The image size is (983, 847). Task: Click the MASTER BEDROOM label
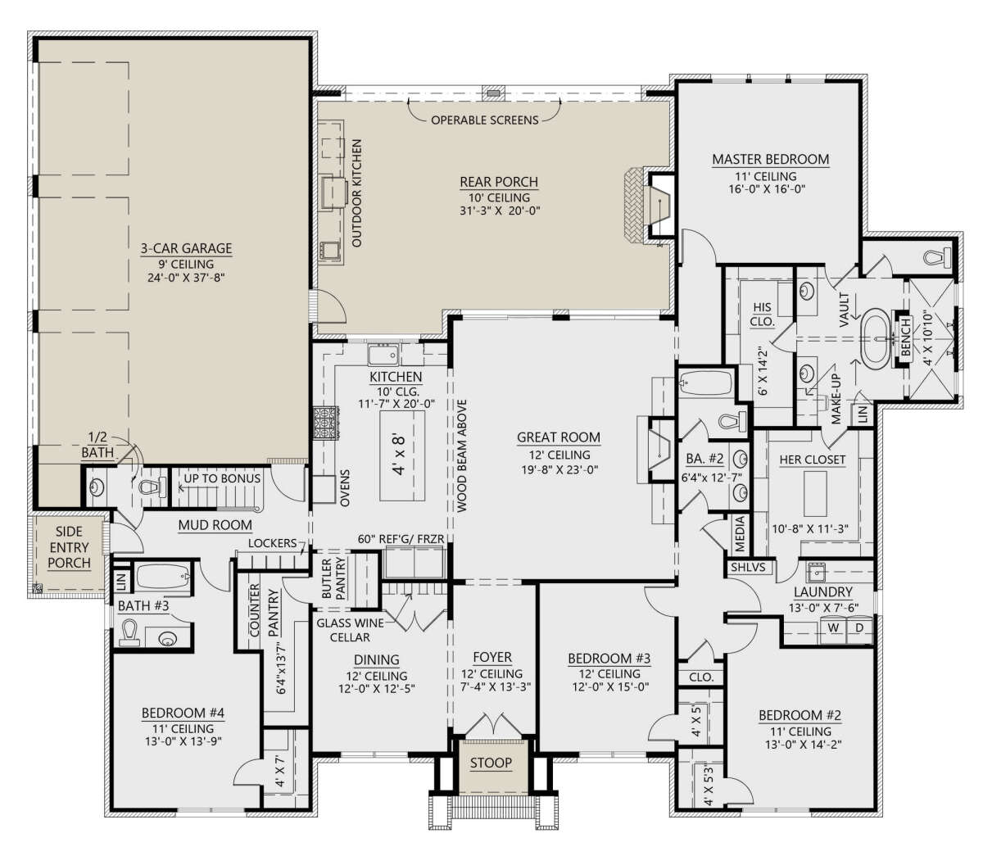click(770, 159)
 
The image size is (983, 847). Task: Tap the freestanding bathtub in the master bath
click(879, 338)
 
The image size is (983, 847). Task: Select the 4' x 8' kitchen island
click(402, 455)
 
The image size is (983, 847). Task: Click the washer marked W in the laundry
click(833, 628)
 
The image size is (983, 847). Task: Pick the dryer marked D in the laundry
click(859, 628)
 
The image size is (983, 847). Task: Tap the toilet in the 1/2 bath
click(151, 487)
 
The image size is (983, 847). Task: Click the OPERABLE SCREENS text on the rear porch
click(485, 120)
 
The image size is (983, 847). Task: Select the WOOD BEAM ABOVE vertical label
click(462, 455)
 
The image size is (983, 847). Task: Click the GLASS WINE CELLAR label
click(351, 630)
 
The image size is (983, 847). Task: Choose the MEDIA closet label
click(740, 534)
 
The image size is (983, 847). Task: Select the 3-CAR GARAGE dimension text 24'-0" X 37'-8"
click(186, 277)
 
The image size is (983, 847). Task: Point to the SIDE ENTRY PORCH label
click(69, 547)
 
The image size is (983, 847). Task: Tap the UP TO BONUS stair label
click(222, 478)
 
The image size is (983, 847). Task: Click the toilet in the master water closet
click(935, 258)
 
